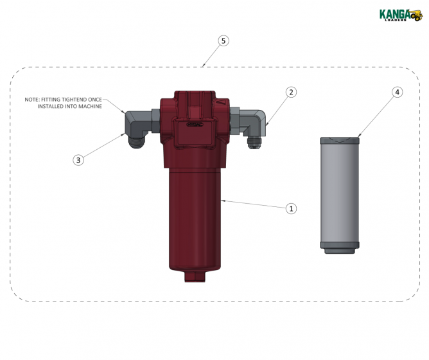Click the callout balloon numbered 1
click(x=291, y=208)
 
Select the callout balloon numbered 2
click(x=291, y=93)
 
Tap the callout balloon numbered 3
click(x=78, y=160)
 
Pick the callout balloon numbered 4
click(x=398, y=93)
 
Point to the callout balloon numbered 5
click(x=223, y=40)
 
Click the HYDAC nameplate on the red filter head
click(x=195, y=125)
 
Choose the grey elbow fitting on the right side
click(x=255, y=120)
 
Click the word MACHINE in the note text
click(x=89, y=106)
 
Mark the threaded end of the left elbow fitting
click(x=137, y=140)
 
